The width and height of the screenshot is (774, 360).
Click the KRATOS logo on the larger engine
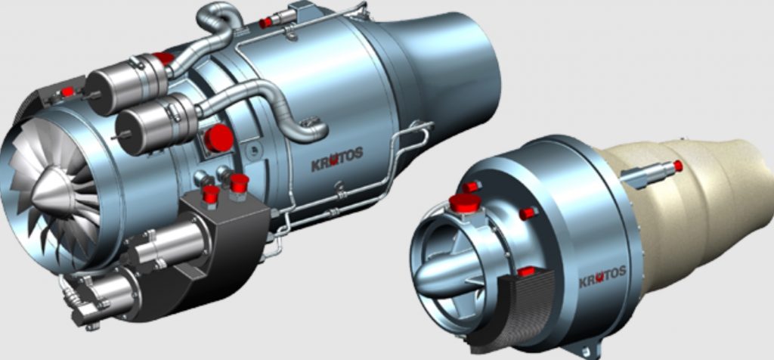(337, 160)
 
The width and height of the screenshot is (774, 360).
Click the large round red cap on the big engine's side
(218, 139)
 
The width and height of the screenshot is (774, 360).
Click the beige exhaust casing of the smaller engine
(703, 204)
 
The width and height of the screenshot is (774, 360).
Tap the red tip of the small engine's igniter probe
(677, 166)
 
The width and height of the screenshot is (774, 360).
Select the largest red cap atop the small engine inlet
(465, 202)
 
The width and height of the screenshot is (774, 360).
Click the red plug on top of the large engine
(265, 23)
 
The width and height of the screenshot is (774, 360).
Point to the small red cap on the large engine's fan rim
(68, 92)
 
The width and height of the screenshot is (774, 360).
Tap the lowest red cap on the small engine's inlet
(527, 271)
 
